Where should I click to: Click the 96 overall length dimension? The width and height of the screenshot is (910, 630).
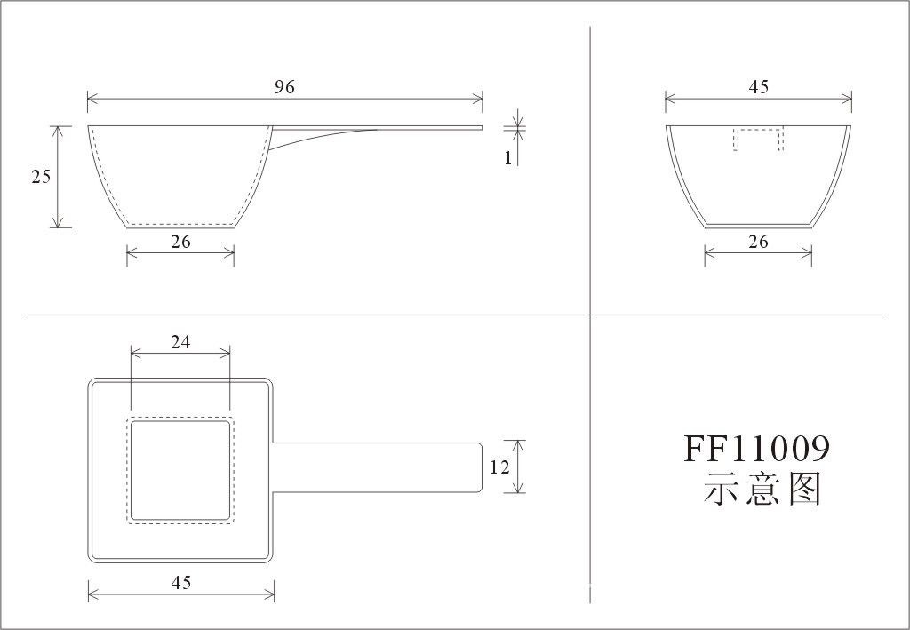(x=284, y=87)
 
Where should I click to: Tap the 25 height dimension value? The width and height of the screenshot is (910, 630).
(x=41, y=176)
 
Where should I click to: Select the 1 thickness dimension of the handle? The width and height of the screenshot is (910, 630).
(x=507, y=158)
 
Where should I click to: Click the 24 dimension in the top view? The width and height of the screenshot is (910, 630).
(x=180, y=342)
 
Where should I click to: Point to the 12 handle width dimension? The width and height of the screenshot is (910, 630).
(x=499, y=467)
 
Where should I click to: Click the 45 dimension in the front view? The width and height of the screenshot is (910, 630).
(x=759, y=87)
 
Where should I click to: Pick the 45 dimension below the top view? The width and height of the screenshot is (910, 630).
(x=181, y=582)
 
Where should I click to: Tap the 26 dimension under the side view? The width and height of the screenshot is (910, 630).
(x=180, y=242)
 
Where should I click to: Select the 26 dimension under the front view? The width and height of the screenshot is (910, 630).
(x=758, y=242)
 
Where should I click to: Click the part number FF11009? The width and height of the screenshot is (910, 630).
(x=757, y=449)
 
